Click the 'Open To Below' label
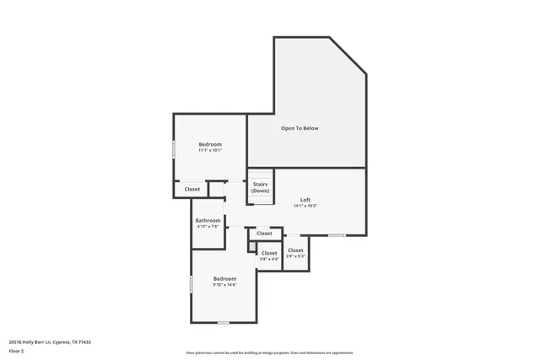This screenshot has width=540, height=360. click(x=300, y=128)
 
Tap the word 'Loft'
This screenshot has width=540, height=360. click(x=305, y=200)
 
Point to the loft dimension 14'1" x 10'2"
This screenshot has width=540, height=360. click(x=305, y=206)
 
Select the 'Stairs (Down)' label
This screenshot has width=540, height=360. click(x=260, y=188)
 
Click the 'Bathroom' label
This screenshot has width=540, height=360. click(x=208, y=220)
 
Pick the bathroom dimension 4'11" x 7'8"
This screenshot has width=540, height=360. click(x=208, y=226)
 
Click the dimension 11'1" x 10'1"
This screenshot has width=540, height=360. click(x=210, y=151)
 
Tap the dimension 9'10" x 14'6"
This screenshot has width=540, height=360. click(x=224, y=284)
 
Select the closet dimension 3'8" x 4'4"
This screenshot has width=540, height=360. click(x=269, y=259)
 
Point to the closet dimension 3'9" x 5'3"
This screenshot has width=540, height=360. click(x=295, y=256)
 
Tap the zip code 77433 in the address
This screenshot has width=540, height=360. click(x=83, y=342)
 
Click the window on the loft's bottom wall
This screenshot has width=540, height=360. click(x=337, y=235)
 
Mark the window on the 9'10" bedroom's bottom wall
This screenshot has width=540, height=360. click(x=224, y=322)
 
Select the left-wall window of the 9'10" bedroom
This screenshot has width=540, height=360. click(x=192, y=284)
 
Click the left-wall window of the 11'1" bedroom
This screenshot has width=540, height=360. click(x=174, y=148)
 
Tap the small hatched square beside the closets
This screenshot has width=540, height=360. click(x=251, y=246)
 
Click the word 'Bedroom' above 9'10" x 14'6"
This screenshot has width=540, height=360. click(x=224, y=278)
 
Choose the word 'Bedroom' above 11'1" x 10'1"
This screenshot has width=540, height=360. click(x=210, y=145)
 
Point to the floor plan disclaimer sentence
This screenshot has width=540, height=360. click(x=270, y=352)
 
